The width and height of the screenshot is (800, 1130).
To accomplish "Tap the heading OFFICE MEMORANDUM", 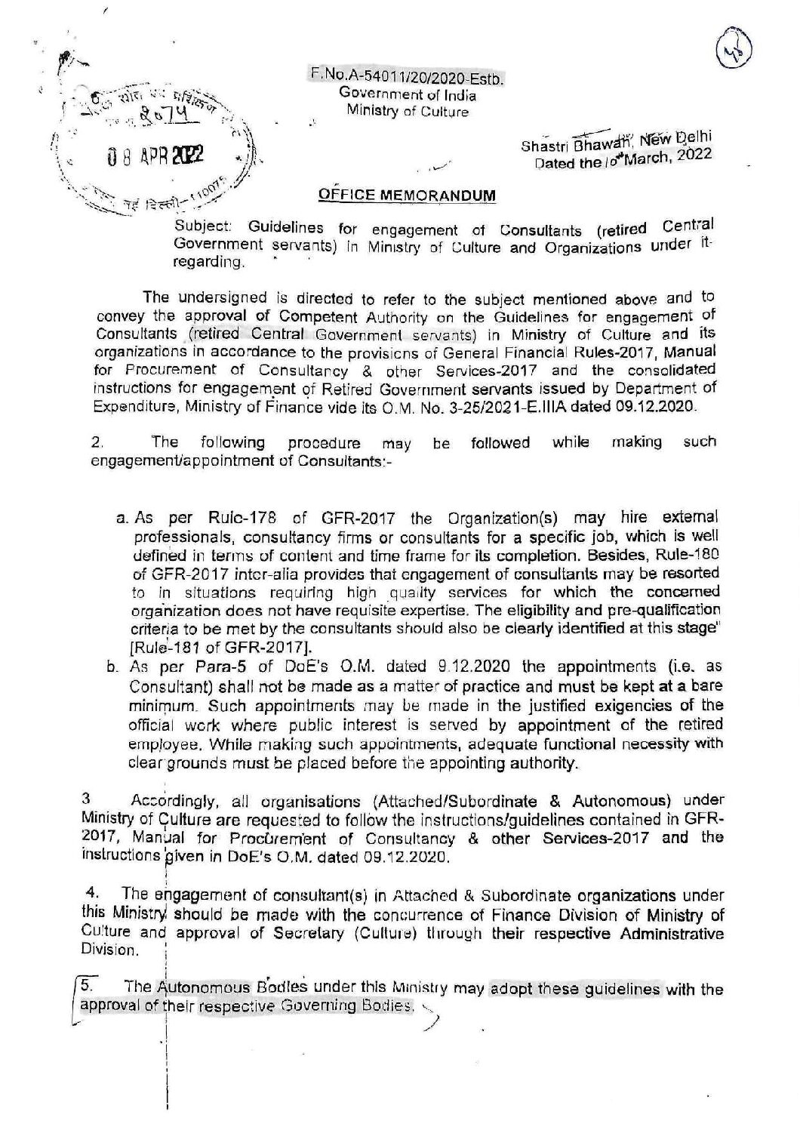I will [408, 195].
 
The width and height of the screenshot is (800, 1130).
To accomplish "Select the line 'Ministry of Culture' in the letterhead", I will [407, 112].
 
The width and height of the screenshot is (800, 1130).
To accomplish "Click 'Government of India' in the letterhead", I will [407, 94].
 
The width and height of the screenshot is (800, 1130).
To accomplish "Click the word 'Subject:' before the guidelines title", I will [195, 227].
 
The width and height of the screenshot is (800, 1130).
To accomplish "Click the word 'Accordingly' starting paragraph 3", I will [170, 799].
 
